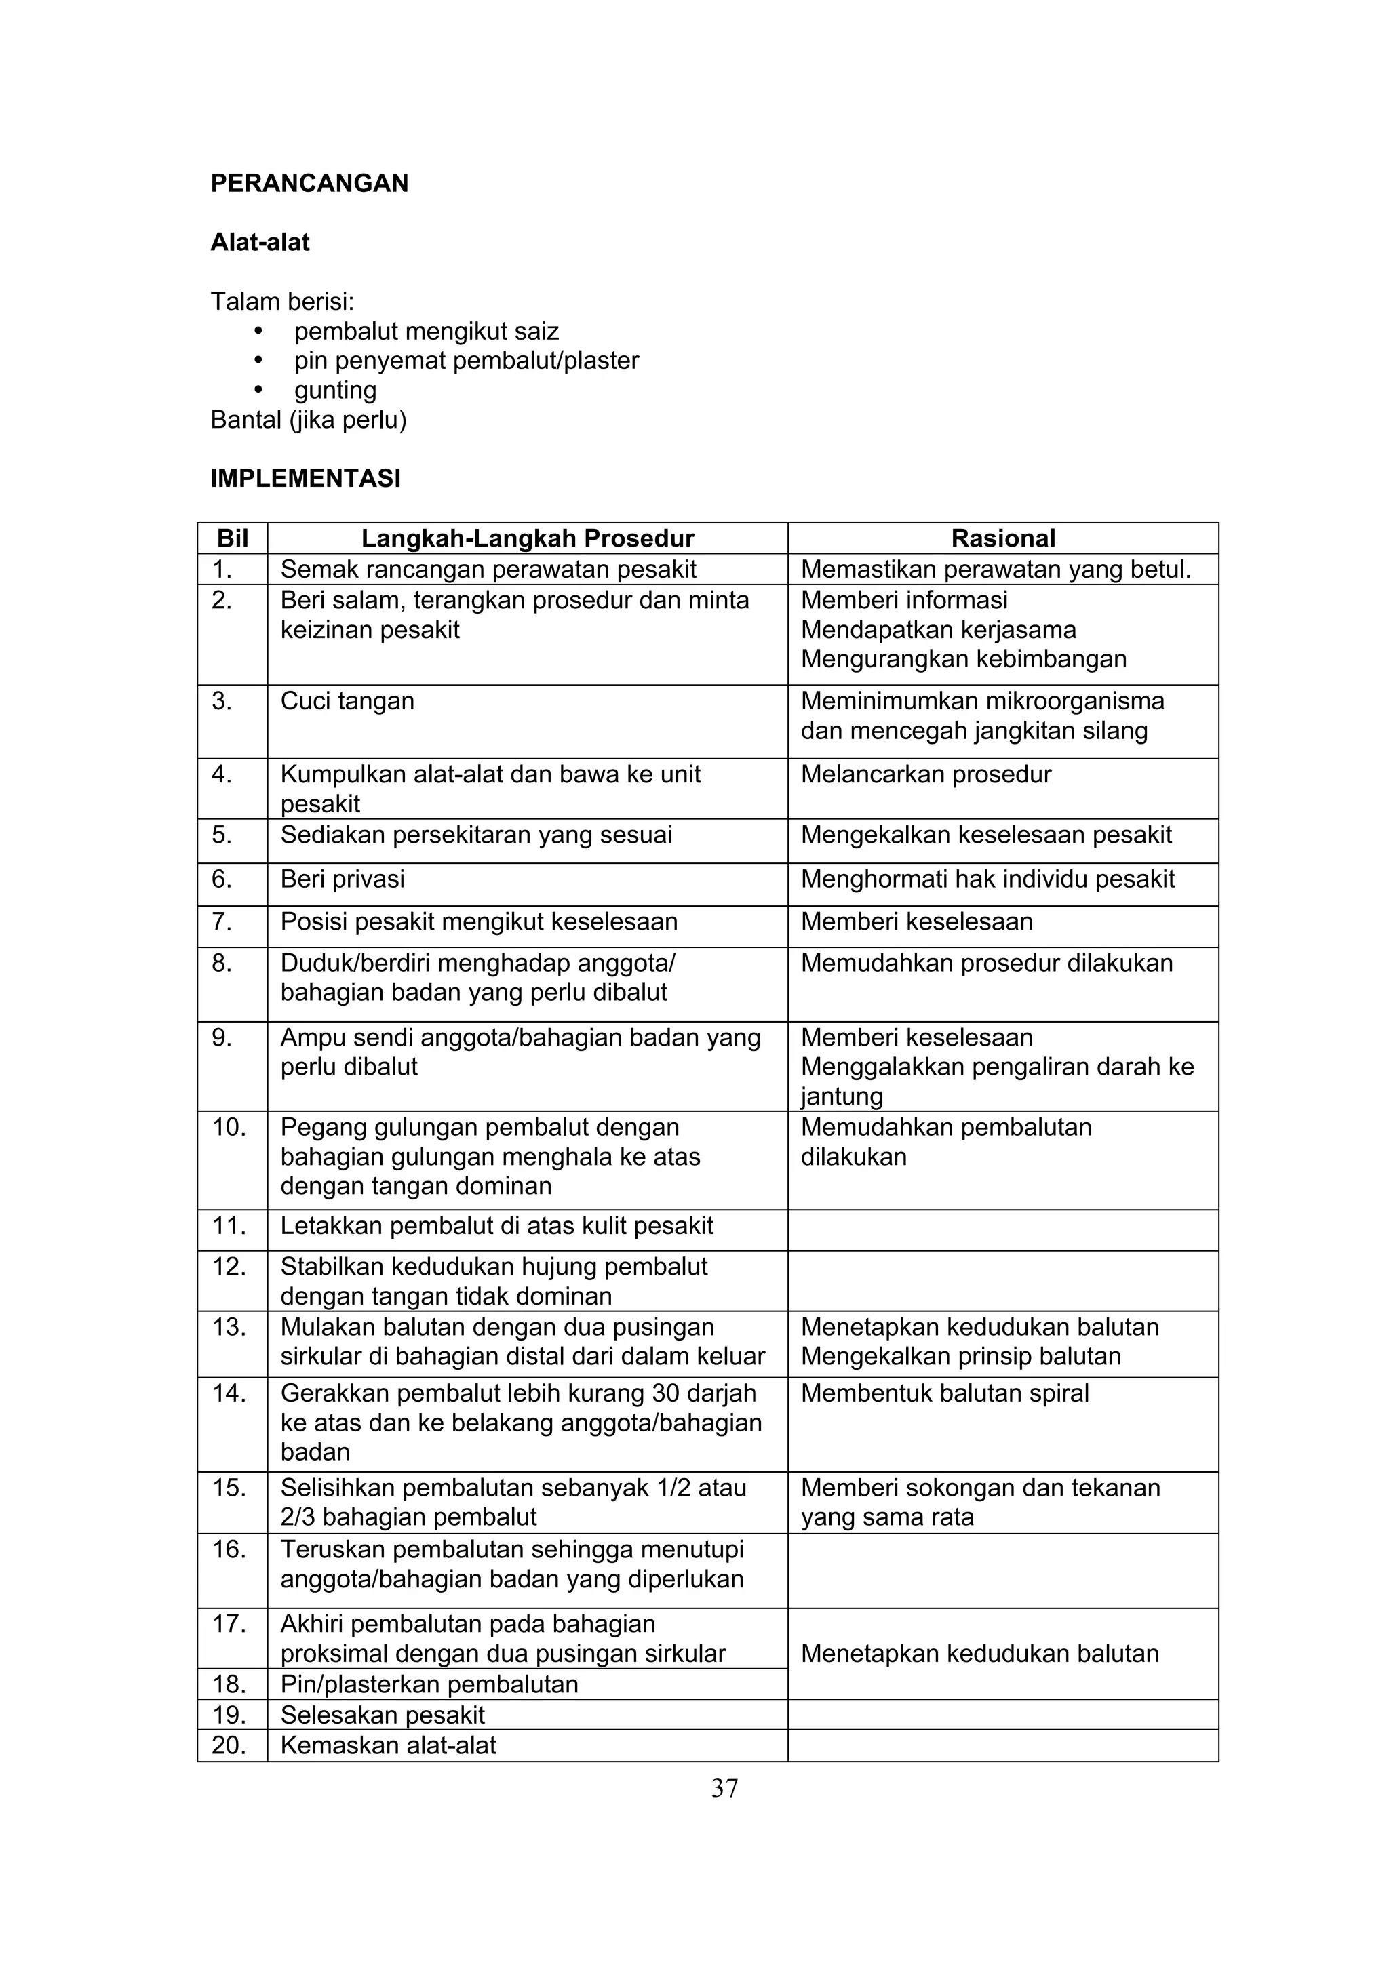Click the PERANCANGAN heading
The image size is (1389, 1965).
309,183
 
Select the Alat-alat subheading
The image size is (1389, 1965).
260,242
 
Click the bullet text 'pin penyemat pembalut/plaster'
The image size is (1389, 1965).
467,360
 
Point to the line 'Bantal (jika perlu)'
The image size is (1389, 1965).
308,420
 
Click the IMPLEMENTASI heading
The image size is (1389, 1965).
305,479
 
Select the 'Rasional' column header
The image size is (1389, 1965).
1002,538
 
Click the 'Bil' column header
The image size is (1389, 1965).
233,538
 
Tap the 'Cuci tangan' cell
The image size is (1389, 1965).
347,701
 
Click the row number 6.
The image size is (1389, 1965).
222,879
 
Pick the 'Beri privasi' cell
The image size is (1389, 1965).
343,879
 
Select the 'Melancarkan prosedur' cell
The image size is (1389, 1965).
925,774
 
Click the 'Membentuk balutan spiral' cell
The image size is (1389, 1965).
944,1393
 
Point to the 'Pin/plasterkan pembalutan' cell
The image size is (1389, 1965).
429,1684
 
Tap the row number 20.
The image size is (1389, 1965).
228,1745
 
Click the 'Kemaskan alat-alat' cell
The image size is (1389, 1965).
388,1745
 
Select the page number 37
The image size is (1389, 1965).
724,1788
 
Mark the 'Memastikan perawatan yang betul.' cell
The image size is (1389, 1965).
996,569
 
